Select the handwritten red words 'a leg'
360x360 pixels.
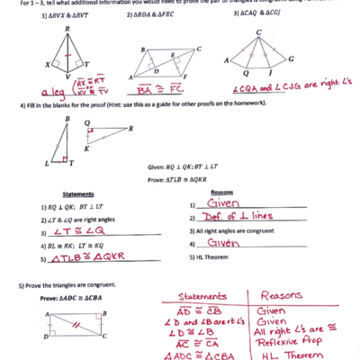[x=46, y=92]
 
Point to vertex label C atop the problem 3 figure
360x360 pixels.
[x=259, y=31]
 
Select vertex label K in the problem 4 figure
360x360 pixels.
[x=86, y=146]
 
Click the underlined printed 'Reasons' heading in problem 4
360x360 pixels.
[x=222, y=192]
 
